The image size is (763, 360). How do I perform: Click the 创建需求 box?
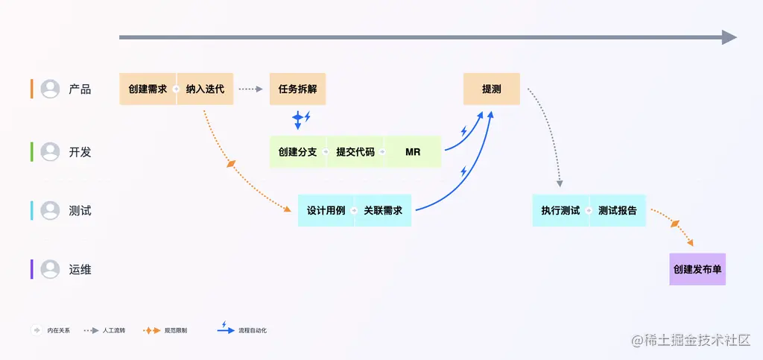(x=148, y=89)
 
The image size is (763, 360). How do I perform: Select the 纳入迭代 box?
(x=205, y=89)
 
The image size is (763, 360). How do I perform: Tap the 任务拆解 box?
(x=297, y=89)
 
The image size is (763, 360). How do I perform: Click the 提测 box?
(x=491, y=89)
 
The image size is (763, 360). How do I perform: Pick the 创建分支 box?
(x=297, y=152)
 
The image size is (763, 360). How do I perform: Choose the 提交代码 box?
(x=355, y=152)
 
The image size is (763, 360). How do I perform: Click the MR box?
(x=413, y=152)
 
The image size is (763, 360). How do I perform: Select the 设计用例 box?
(x=326, y=211)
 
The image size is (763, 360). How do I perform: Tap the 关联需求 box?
(x=383, y=211)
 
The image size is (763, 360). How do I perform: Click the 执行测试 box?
(x=560, y=211)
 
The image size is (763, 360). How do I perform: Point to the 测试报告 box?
(x=618, y=211)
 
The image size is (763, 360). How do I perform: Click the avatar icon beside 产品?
(x=50, y=89)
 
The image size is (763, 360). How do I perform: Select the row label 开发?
(x=80, y=152)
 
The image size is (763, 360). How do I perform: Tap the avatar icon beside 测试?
(x=50, y=211)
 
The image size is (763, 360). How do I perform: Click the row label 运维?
(x=80, y=270)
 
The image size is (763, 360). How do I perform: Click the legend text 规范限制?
(x=176, y=330)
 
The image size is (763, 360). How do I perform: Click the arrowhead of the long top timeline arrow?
(x=729, y=37)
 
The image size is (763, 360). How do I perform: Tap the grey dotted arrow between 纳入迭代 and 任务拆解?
(x=251, y=89)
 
